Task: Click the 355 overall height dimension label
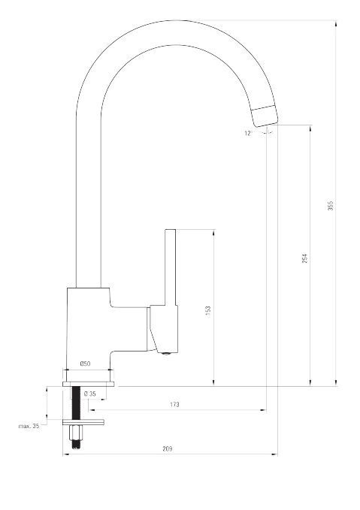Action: click(331, 206)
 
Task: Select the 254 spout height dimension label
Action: click(304, 258)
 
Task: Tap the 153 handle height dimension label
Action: click(208, 309)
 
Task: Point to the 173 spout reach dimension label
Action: click(174, 405)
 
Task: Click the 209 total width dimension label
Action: click(168, 449)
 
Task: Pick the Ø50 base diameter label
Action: click(85, 364)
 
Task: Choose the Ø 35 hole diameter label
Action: click(90, 394)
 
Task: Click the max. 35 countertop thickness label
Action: click(29, 426)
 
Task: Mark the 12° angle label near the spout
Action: click(248, 133)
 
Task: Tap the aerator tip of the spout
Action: click(265, 116)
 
